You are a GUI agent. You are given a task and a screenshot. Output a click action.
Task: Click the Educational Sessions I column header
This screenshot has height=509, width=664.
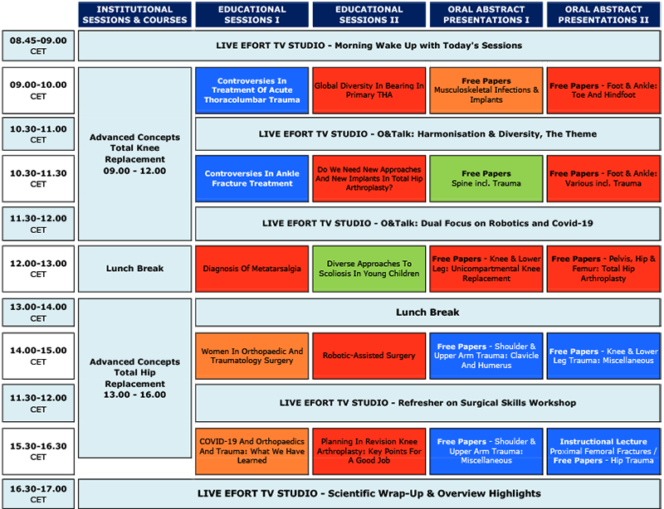pyautogui.click(x=252, y=14)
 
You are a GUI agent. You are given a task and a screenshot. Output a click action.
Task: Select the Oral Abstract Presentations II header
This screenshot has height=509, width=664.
pyautogui.click(x=603, y=14)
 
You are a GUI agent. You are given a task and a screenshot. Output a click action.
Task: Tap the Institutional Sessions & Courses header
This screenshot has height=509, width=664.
pyautogui.click(x=134, y=14)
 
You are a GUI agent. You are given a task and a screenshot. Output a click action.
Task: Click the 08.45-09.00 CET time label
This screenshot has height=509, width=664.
pyautogui.click(x=38, y=46)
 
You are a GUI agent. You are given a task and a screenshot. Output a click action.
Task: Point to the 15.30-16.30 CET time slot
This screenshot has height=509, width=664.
pyautogui.click(x=38, y=451)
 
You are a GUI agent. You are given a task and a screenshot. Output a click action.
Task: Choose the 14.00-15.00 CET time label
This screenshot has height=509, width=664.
pyautogui.click(x=38, y=356)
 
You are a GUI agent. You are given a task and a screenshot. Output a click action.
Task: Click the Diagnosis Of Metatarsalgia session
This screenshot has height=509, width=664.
pyautogui.click(x=252, y=269)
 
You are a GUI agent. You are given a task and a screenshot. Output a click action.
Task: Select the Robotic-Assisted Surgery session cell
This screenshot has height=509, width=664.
pyautogui.click(x=369, y=356)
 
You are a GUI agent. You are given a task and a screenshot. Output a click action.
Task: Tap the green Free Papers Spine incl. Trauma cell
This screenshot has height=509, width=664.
pyautogui.click(x=486, y=178)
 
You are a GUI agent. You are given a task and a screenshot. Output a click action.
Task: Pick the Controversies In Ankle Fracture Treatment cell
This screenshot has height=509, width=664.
pyautogui.click(x=252, y=178)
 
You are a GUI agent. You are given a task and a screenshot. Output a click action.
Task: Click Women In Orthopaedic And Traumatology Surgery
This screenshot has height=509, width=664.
pyautogui.click(x=252, y=356)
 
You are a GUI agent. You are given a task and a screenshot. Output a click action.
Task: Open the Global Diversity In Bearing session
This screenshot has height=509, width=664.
pyautogui.click(x=369, y=90)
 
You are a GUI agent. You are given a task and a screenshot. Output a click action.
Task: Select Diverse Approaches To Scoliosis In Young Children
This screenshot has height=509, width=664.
pyautogui.click(x=369, y=269)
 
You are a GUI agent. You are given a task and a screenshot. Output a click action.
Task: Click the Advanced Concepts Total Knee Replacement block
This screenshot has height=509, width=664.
pyautogui.click(x=134, y=154)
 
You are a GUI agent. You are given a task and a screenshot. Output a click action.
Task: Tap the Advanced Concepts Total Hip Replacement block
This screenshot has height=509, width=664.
pyautogui.click(x=134, y=378)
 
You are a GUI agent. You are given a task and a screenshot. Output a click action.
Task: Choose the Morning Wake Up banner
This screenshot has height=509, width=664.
pyautogui.click(x=369, y=46)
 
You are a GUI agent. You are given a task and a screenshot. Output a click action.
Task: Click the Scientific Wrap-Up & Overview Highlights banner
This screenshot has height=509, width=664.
pyautogui.click(x=369, y=494)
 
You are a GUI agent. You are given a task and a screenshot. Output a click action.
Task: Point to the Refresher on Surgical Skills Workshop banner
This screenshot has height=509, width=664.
pyautogui.click(x=427, y=403)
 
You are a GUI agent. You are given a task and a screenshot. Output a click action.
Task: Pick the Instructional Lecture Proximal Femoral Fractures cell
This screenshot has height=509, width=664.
pyautogui.click(x=603, y=451)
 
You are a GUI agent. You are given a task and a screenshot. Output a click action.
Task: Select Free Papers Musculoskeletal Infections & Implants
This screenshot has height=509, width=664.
pyautogui.click(x=486, y=90)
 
